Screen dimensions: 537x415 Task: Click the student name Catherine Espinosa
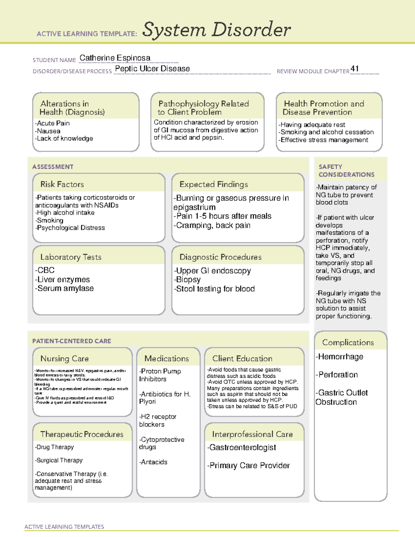(115, 58)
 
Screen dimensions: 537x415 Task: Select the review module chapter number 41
(354, 68)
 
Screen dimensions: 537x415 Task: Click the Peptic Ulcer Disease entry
(152, 68)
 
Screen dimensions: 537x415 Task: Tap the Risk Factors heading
(62, 184)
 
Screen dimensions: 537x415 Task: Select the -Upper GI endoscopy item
(212, 271)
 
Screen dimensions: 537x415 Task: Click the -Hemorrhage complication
(339, 357)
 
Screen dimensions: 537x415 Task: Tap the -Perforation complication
(337, 375)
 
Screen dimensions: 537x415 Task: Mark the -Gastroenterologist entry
(241, 447)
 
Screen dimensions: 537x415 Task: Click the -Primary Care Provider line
(248, 465)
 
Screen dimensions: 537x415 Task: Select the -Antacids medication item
(153, 462)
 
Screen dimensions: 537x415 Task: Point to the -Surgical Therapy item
(59, 460)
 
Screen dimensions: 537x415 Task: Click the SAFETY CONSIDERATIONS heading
(346, 171)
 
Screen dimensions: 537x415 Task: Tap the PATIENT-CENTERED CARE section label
(72, 341)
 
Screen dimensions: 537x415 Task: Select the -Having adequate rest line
(312, 125)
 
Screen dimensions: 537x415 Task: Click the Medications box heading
(166, 359)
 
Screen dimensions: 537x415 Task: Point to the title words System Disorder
(216, 30)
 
